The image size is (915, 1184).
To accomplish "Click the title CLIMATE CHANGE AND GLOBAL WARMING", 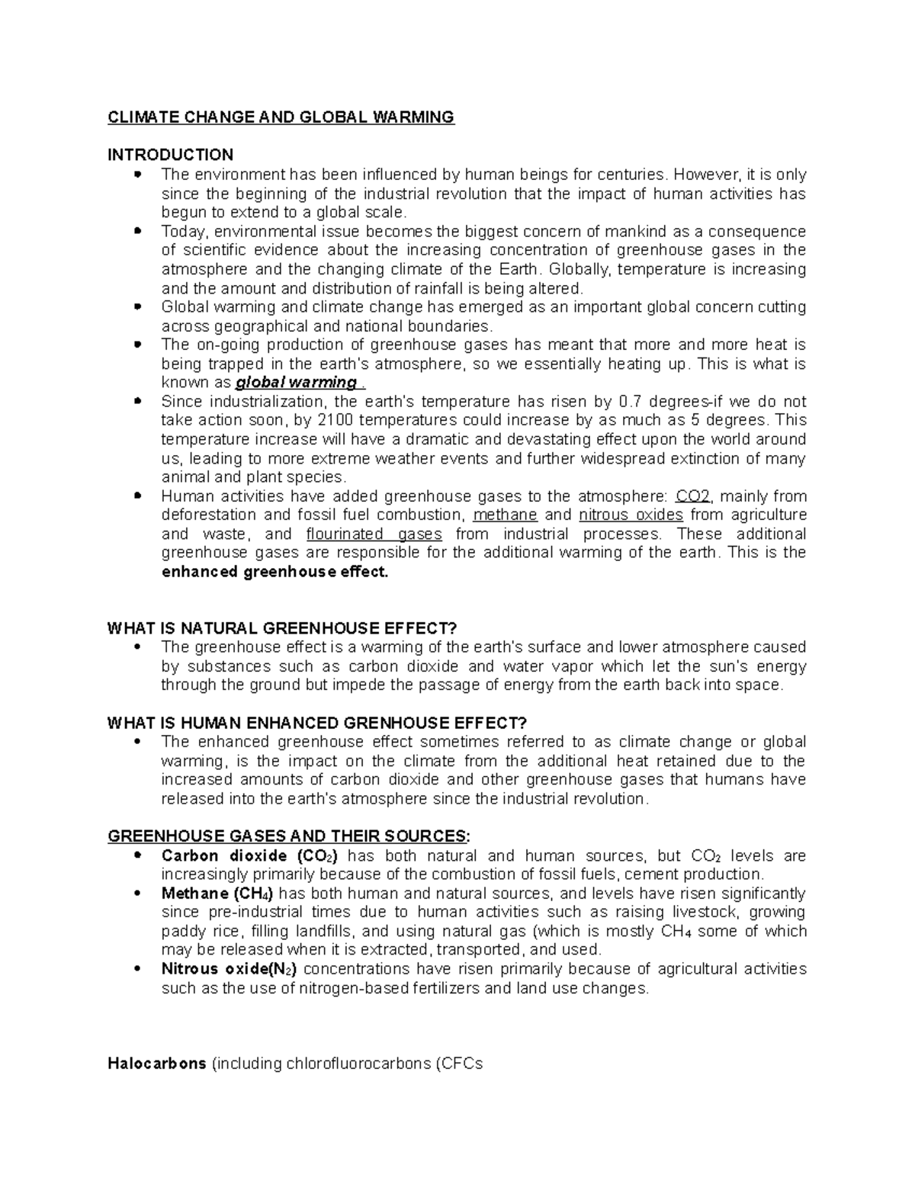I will click(281, 117).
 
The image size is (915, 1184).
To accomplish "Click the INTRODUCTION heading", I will click(170, 156).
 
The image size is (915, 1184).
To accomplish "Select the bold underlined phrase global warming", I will click(296, 383).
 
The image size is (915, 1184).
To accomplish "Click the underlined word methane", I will click(505, 515).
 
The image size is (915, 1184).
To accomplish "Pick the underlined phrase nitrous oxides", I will click(631, 515).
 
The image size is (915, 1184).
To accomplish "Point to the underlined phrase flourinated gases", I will click(374, 534).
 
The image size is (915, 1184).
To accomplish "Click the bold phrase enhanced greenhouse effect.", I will click(275, 572).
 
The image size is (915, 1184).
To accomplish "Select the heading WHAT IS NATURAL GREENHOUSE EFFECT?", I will click(282, 629).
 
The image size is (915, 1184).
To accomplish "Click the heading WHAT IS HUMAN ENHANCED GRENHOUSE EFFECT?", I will click(317, 724).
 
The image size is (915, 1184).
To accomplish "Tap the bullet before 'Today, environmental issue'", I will click(137, 230).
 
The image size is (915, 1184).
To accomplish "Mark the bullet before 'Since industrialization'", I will click(137, 401).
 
